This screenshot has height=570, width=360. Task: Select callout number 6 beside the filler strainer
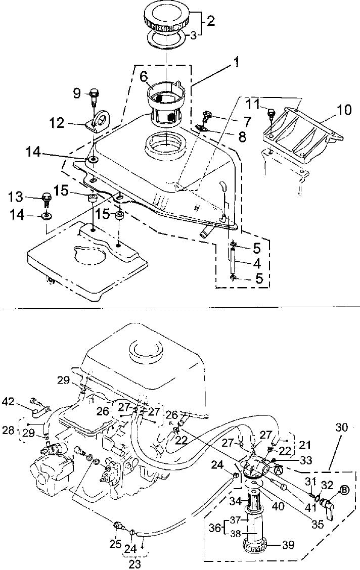(144, 76)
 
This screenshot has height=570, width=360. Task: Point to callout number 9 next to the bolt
(76, 93)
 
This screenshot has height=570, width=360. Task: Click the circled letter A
(278, 469)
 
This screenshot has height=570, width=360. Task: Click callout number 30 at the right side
(342, 427)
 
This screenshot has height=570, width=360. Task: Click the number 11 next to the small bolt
(254, 105)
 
